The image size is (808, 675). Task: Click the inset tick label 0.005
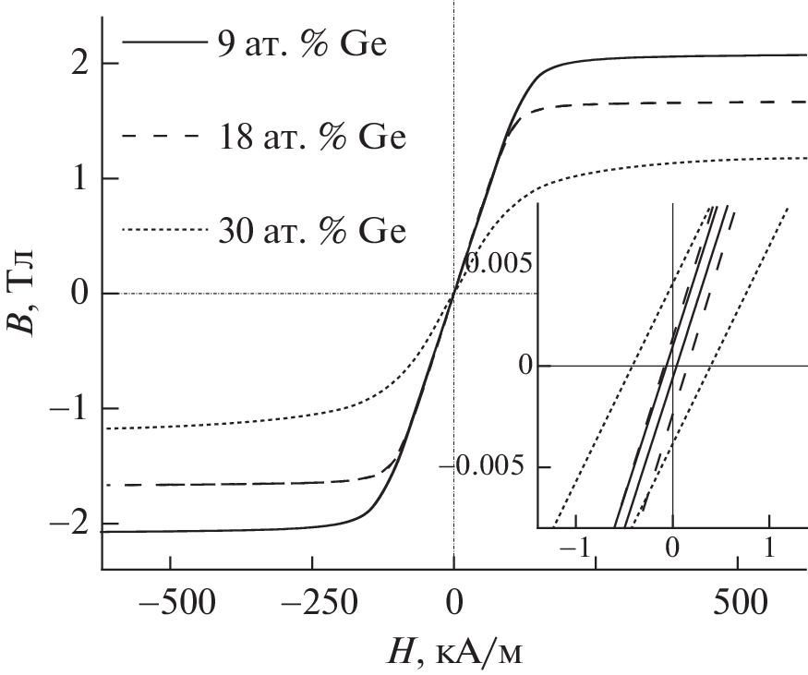coord(499,264)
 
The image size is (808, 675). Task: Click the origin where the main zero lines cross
coord(454,294)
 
